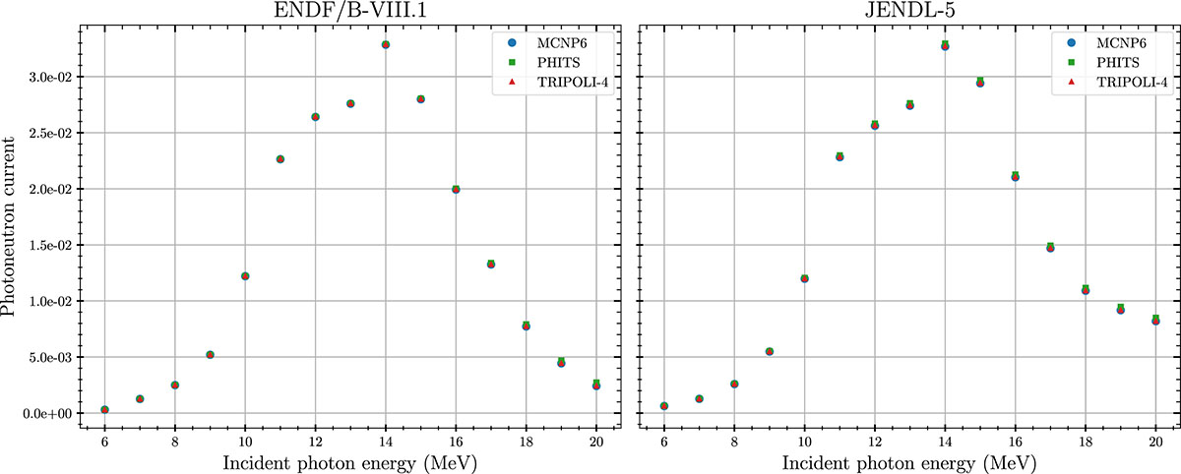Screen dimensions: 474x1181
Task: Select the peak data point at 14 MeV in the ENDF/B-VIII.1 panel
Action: [x=386, y=44]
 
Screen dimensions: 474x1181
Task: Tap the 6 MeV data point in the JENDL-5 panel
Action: [x=664, y=405]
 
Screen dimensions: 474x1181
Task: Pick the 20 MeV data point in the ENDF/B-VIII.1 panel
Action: [x=596, y=385]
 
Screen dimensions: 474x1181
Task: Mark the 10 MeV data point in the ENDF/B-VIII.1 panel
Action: [x=245, y=276]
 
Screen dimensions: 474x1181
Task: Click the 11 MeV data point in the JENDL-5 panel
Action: [x=839, y=156]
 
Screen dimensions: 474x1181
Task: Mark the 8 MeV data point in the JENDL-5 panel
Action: [x=734, y=384]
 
